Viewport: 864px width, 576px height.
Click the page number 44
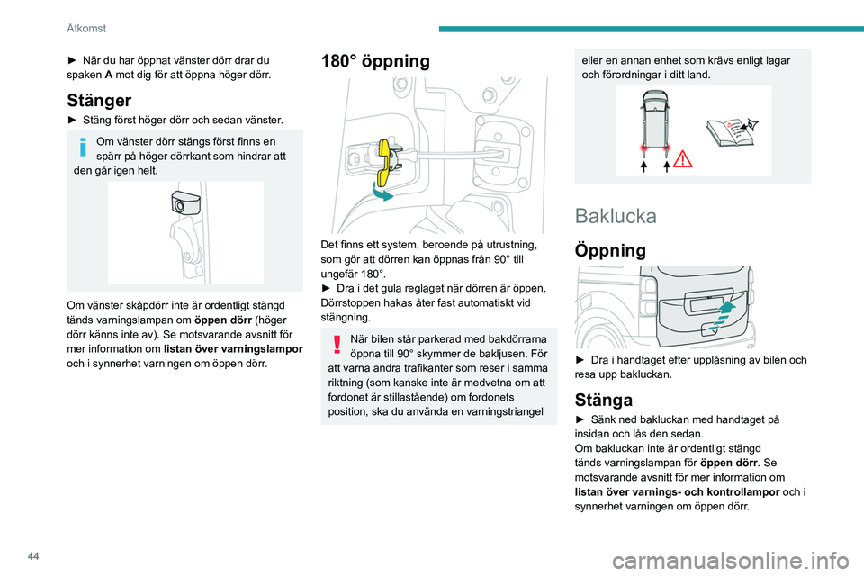click(x=33, y=556)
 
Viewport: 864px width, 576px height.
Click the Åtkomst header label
click(x=86, y=28)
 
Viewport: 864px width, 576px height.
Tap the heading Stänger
click(x=99, y=100)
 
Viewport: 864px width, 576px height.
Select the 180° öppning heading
click(x=375, y=60)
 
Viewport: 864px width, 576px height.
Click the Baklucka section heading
click(x=616, y=215)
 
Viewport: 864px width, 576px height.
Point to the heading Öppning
click(x=610, y=251)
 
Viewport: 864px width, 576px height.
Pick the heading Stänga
click(x=603, y=399)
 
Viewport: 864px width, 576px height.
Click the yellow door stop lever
click(x=386, y=161)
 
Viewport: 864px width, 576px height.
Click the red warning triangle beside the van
click(x=682, y=158)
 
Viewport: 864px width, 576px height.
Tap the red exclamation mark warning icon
click(x=337, y=344)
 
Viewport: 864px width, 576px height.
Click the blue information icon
click(x=83, y=147)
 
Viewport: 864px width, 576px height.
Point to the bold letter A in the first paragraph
click(x=109, y=75)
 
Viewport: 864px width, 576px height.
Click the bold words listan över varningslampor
click(x=233, y=349)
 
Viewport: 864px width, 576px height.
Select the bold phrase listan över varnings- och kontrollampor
click(x=677, y=491)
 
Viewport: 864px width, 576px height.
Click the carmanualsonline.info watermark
click(x=731, y=561)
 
